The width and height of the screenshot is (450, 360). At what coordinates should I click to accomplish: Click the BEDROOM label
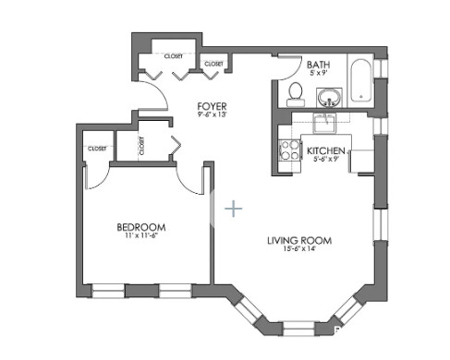click(140, 227)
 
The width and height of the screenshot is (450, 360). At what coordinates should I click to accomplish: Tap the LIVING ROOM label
click(299, 241)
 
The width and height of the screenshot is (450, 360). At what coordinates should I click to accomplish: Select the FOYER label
click(212, 106)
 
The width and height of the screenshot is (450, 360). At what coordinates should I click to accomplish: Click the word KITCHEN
click(326, 150)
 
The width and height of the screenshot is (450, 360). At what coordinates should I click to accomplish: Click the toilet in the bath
click(295, 92)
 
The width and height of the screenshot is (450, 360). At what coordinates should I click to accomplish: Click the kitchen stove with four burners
click(289, 150)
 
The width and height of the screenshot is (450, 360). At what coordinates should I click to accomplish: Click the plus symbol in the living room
click(235, 210)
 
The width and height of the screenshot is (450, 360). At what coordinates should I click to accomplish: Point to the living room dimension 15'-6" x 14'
click(299, 251)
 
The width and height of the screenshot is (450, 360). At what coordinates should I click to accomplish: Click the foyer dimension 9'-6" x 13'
click(212, 116)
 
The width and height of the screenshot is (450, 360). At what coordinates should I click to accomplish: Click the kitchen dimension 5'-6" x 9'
click(326, 160)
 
